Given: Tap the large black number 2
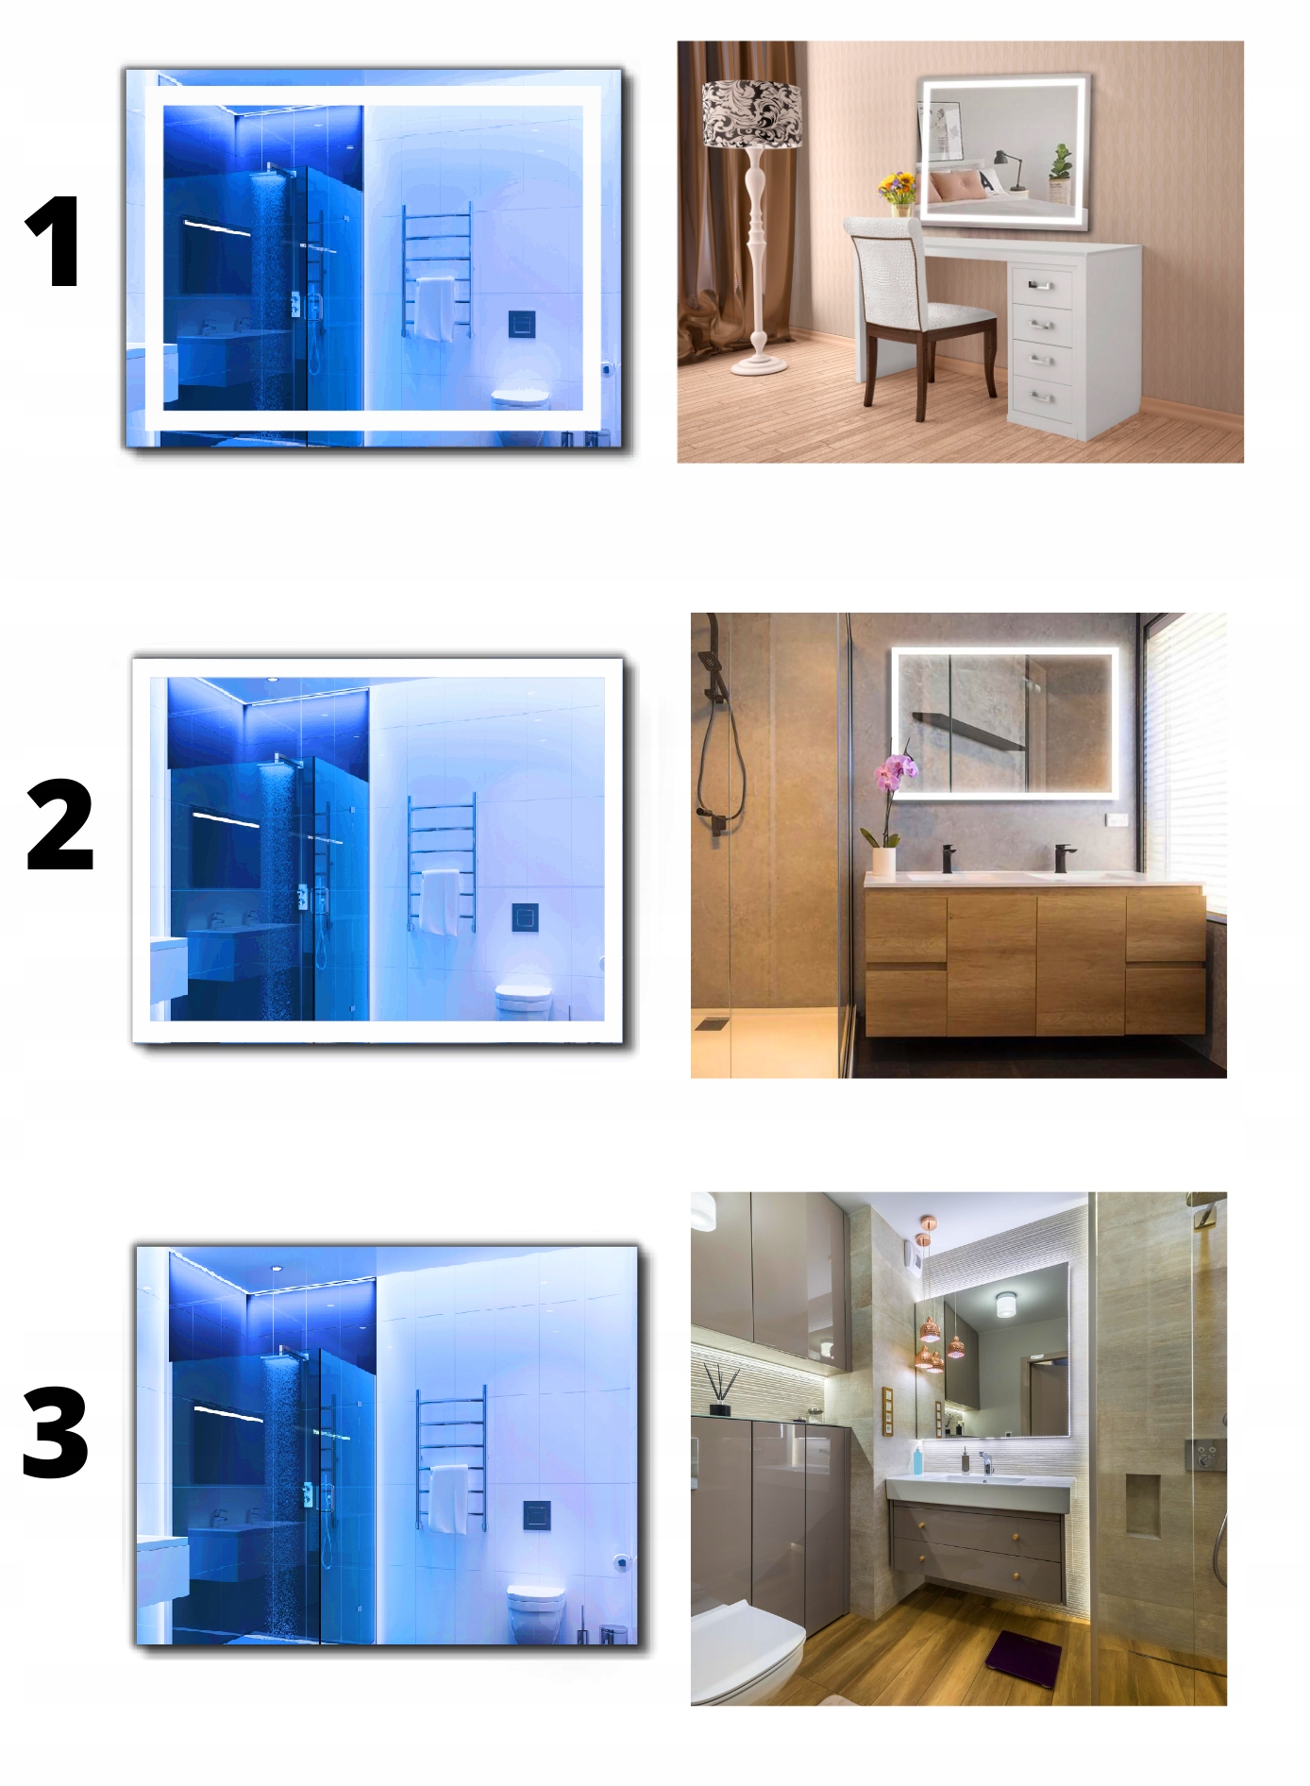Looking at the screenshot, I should tap(59, 824).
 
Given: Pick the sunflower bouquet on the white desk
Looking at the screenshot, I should tap(899, 189).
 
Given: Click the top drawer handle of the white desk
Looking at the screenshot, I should tap(1040, 285).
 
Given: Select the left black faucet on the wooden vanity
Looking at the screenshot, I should tap(948, 857).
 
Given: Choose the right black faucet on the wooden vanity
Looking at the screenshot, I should tap(1062, 857).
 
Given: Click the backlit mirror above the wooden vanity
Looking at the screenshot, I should tap(1004, 722).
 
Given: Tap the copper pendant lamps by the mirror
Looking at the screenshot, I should tap(932, 1340).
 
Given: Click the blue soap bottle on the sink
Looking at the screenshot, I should tap(917, 1458).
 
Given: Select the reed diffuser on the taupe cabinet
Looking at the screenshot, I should tap(721, 1390).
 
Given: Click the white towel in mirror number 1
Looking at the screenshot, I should tap(434, 310).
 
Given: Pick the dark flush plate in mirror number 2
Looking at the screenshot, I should tap(525, 917).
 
